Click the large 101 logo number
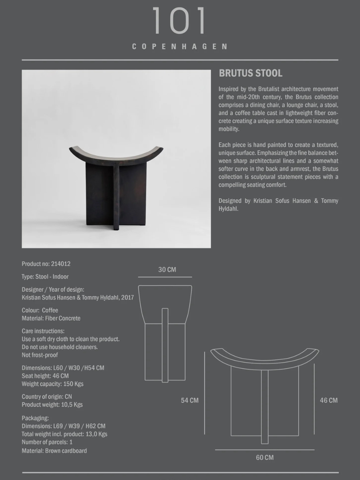[179, 21]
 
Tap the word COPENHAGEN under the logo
[180, 47]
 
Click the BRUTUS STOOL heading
[251, 73]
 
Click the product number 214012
[61, 264]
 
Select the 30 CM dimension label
[167, 270]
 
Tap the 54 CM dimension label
[190, 400]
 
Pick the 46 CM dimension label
[329, 400]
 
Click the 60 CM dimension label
[265, 457]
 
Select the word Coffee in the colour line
[50, 310]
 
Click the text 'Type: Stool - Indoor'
[45, 277]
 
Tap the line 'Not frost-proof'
[40, 355]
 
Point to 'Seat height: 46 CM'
[45, 376]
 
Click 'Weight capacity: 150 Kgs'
[52, 384]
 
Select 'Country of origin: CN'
[47, 397]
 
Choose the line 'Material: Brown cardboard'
[54, 451]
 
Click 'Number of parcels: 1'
[47, 442]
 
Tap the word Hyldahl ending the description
[228, 209]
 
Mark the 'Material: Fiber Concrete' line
[51, 318]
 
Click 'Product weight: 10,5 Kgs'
[52, 405]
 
